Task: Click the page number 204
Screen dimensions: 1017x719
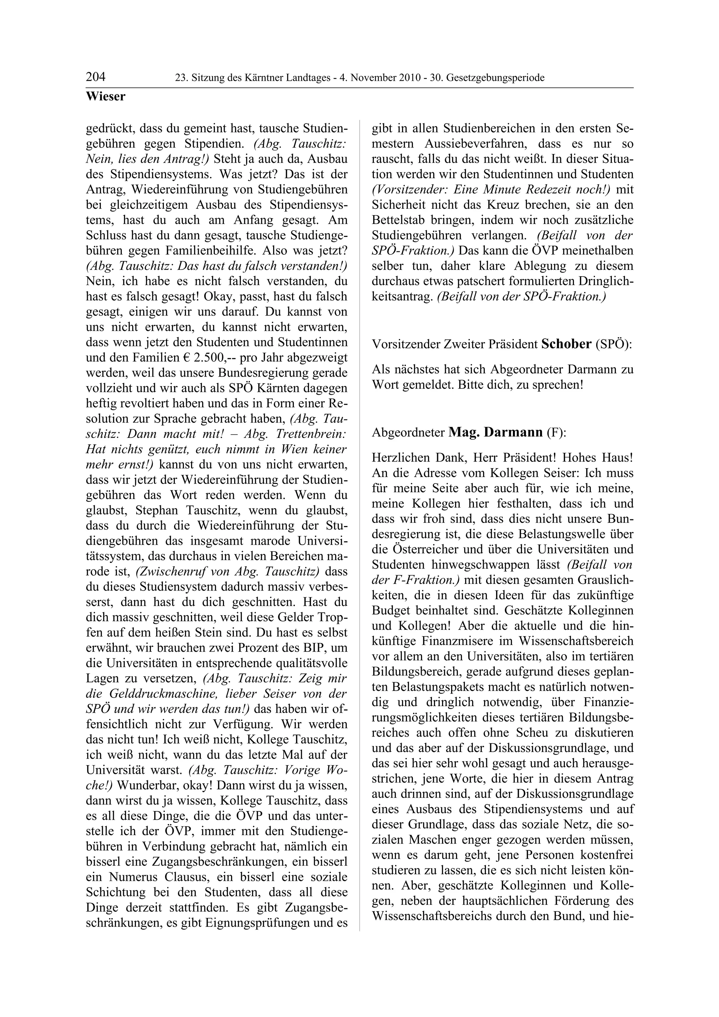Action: (x=96, y=77)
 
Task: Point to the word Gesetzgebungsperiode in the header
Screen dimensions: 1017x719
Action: (x=495, y=78)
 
